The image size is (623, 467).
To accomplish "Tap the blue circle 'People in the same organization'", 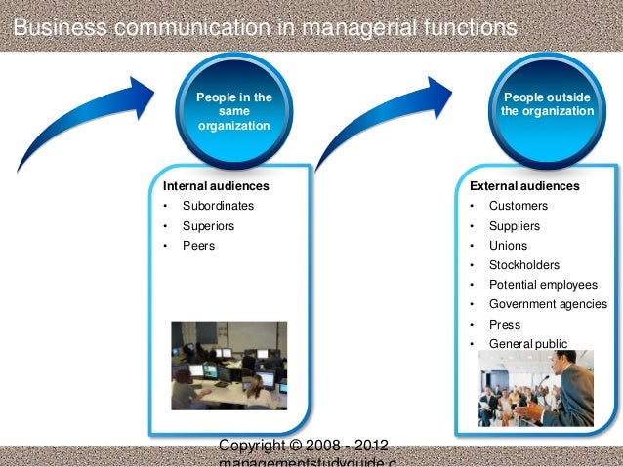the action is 234,112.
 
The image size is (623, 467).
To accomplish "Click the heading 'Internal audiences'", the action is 216,185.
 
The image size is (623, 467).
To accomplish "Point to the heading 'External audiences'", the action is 524,185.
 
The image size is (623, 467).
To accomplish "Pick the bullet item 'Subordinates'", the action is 218,206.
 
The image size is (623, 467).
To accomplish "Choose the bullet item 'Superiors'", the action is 208,226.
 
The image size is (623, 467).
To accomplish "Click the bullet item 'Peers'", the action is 198,246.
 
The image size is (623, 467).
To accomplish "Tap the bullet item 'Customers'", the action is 519,206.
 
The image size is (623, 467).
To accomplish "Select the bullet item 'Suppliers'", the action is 515,226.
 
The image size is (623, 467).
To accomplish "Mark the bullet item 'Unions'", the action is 508,246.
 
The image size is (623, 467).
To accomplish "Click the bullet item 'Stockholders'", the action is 524,265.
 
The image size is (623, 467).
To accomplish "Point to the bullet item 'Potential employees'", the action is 543,285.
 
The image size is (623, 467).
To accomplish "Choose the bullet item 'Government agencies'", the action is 548,304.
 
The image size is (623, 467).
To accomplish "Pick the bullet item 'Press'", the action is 505,324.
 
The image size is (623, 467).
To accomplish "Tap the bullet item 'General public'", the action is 527,344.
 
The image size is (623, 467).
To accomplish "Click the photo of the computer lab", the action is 229,366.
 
